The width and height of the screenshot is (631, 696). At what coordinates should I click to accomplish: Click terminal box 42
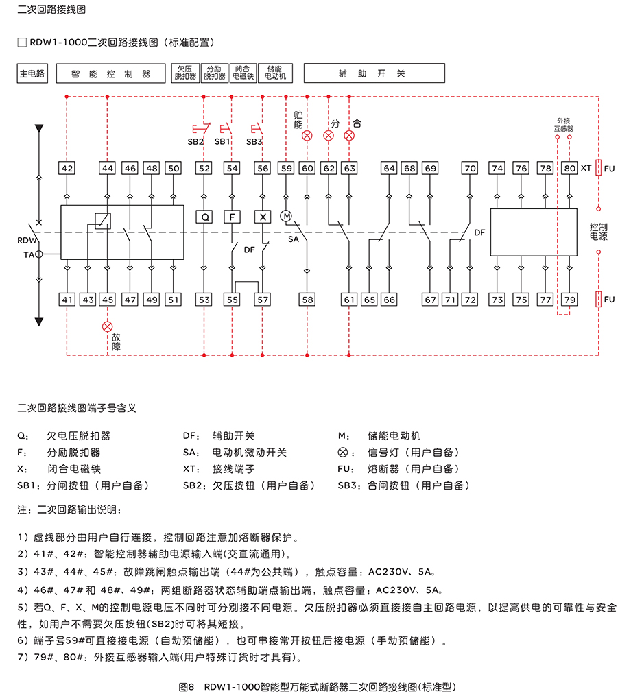coord(67,168)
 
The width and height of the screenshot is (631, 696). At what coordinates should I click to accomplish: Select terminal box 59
coord(286,168)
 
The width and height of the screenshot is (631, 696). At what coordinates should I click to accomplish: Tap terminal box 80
coord(569,168)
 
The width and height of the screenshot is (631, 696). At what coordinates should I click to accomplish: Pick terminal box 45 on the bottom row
coord(107,300)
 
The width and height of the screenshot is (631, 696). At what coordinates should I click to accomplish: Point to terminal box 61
coord(350,300)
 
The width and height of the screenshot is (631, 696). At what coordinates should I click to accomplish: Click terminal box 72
coord(470,300)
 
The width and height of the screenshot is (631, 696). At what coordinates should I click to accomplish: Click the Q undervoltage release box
coord(204,217)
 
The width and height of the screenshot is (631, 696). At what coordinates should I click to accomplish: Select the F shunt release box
coord(233,217)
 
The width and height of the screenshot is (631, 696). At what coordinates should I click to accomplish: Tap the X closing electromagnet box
coord(262,217)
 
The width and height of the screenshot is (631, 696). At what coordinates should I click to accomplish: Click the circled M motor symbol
coord(287,216)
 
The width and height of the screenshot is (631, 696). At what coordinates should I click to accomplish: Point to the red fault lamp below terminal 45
coord(107,326)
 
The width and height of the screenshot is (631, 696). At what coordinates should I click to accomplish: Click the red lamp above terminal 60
coord(307,136)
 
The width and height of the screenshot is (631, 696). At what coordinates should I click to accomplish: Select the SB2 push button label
coord(195,141)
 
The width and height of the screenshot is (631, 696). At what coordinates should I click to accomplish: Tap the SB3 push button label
coord(254,141)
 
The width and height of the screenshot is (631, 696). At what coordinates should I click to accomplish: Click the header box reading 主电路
coord(32,74)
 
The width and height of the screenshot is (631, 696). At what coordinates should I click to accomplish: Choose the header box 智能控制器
coord(110,74)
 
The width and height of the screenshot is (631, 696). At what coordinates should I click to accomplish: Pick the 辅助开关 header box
coord(374,74)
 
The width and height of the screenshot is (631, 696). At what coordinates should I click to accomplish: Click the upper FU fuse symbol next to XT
coord(599,168)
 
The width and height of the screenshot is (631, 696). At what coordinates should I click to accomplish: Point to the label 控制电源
coord(599,231)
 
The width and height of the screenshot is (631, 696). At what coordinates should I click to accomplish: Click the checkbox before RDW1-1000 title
coord(22,43)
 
